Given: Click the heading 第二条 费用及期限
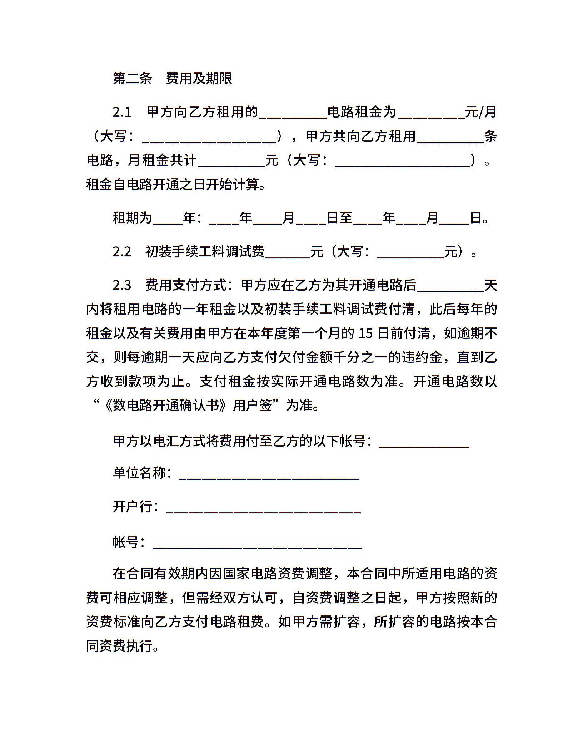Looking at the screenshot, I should point(173,79).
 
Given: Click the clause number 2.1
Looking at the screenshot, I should point(122,112).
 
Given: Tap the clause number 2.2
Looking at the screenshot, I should point(122,252).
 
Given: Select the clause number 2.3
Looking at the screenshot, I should point(122,285).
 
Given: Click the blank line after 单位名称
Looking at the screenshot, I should point(269,474).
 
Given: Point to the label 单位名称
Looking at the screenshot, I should point(140,473).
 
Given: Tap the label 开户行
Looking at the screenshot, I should point(133,507).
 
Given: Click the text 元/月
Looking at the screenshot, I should point(481,112).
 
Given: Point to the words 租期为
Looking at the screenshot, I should point(133,218).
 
